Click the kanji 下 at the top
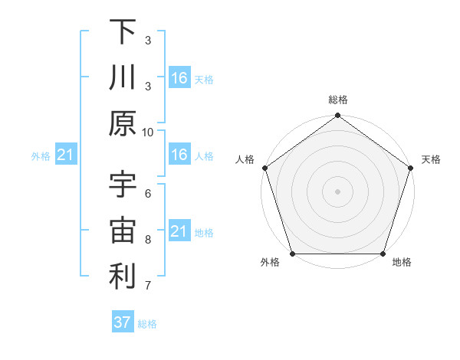(123, 32)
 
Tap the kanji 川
(123, 78)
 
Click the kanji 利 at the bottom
(123, 277)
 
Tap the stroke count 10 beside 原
(148, 132)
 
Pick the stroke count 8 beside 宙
(148, 240)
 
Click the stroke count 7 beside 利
(148, 286)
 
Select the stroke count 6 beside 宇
(148, 194)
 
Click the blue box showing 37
(123, 322)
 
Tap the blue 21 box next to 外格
(65, 155)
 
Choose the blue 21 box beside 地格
(179, 231)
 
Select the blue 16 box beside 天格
(179, 78)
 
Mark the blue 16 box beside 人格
(179, 155)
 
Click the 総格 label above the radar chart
(337, 100)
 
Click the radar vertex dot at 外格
(292, 254)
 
